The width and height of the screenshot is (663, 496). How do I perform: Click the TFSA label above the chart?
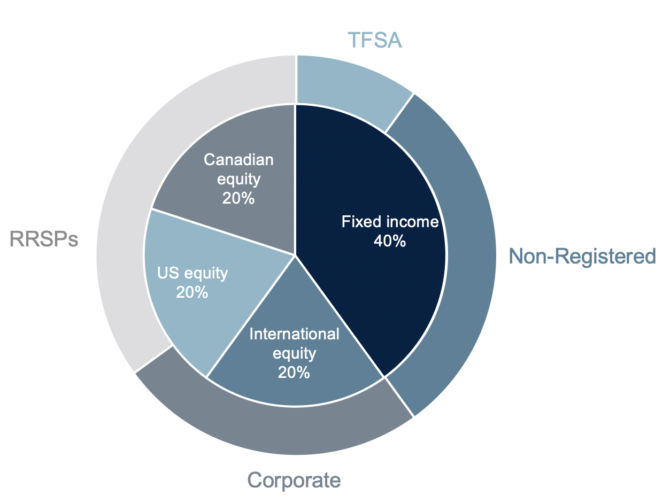374,41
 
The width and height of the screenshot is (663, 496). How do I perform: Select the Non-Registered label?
582,257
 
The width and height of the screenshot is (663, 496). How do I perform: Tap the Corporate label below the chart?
294,480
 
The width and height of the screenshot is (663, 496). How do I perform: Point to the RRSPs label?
44,239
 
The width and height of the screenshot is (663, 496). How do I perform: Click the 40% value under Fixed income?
390,241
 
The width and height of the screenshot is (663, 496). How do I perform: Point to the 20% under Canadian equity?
238,198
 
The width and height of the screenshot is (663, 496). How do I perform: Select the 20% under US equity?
192,292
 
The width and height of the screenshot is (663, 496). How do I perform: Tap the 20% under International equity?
294,372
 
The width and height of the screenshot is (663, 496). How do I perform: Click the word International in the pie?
294,334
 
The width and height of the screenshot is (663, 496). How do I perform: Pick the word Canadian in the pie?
238,160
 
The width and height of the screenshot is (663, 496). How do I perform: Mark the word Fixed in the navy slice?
356,222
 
